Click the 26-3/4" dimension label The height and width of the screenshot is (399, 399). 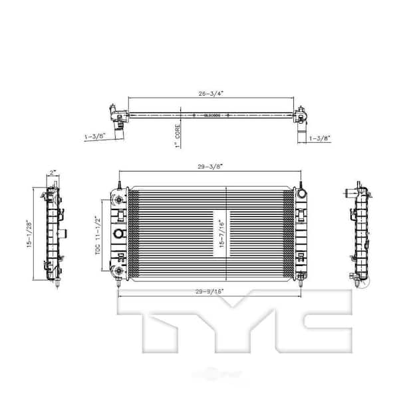click(x=210, y=94)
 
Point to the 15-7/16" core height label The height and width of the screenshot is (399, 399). click(x=218, y=233)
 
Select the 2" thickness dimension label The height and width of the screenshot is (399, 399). click(x=53, y=174)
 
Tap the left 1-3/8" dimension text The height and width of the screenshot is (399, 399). click(x=96, y=136)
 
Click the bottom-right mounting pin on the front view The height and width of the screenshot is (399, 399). click(x=302, y=284)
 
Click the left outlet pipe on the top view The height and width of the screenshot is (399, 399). click(x=119, y=132)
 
